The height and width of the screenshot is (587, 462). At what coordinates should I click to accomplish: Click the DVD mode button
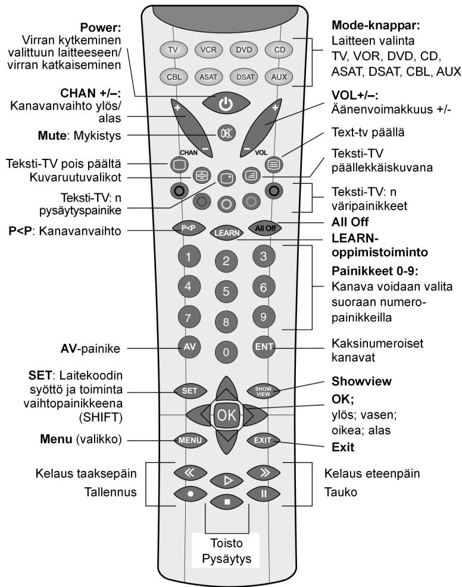point(244,49)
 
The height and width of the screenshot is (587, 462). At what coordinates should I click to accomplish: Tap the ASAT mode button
point(208,77)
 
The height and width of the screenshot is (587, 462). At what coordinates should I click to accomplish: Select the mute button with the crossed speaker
point(227,133)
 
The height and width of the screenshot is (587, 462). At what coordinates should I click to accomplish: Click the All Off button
point(266,228)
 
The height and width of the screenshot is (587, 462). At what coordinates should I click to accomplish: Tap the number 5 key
point(226,291)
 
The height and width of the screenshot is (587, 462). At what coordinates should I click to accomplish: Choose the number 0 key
point(226,352)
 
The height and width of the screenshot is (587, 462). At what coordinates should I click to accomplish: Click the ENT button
point(264,347)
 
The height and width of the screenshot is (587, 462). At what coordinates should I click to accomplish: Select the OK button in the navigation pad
point(226,415)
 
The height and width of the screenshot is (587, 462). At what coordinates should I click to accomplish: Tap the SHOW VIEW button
point(263,391)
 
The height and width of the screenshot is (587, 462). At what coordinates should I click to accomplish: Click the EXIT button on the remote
point(263,440)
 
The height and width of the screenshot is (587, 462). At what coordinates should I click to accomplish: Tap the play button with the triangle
point(227,481)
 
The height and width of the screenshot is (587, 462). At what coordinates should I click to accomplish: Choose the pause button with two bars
point(264,494)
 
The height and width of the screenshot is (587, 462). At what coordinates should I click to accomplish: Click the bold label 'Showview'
point(361,381)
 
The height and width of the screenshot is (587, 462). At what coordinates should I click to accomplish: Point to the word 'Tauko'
point(341,492)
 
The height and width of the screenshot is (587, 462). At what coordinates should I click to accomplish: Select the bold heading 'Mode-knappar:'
point(376,26)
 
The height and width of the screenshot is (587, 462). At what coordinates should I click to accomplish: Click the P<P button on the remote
point(189,228)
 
